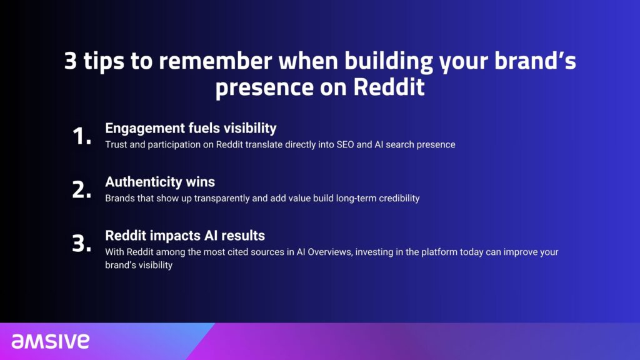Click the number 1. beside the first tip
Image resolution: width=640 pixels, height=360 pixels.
click(82, 136)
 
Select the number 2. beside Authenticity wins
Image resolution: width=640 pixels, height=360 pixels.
click(82, 190)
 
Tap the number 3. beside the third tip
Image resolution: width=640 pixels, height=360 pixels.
click(82, 243)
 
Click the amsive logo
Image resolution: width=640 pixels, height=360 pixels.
click(50, 341)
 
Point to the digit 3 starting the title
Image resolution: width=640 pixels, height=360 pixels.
click(70, 61)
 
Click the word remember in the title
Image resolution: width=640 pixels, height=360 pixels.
click(215, 61)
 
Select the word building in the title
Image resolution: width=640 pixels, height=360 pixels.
click(388, 62)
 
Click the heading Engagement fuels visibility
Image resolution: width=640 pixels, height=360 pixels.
click(191, 128)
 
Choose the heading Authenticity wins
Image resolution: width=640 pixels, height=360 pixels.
click(160, 182)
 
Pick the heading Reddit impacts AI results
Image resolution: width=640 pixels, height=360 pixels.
click(185, 236)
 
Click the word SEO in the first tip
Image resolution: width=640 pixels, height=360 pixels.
click(345, 144)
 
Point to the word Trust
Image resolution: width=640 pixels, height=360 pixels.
click(116, 144)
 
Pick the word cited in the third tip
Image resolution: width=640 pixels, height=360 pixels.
click(238, 252)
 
